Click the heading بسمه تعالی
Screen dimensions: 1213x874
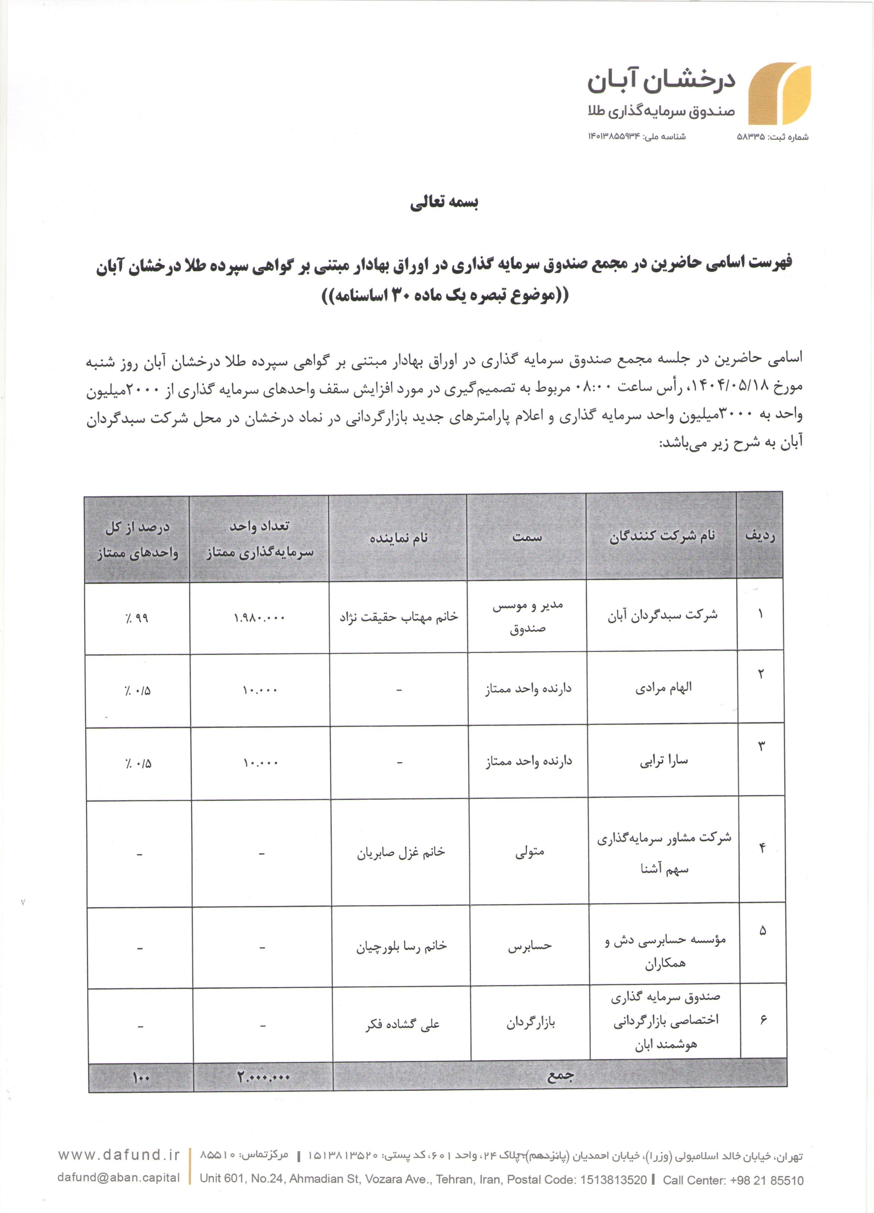pyautogui.click(x=444, y=203)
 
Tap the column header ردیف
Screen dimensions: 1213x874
pyautogui.click(x=760, y=535)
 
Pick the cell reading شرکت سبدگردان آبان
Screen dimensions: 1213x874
pyautogui.click(x=662, y=615)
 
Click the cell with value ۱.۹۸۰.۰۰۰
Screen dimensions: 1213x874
pyautogui.click(x=259, y=618)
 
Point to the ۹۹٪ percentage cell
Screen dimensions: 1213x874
pyautogui.click(x=137, y=618)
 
